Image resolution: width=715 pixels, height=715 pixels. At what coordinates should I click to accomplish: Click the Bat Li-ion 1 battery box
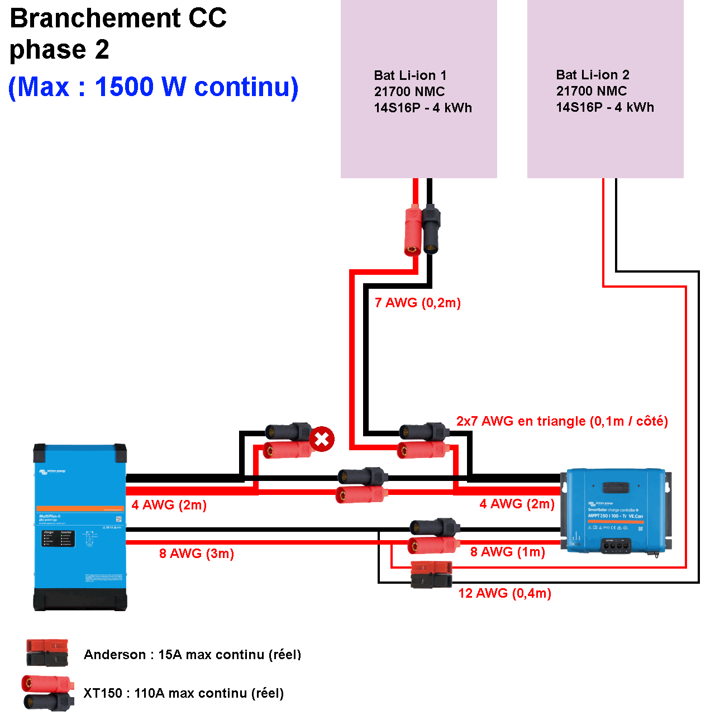click(418, 89)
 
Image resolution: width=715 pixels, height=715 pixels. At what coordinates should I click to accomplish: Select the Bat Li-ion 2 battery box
click(605, 89)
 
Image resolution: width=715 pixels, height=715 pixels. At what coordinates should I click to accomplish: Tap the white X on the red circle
click(322, 439)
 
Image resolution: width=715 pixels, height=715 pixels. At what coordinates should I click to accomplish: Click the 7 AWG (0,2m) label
click(418, 303)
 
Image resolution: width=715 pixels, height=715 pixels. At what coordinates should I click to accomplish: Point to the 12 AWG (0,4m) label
click(504, 593)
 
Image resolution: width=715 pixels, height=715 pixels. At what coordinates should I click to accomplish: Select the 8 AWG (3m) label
click(197, 554)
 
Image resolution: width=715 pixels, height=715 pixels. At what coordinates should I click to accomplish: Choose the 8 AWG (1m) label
click(507, 552)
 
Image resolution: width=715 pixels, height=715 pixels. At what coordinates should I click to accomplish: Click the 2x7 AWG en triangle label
click(562, 421)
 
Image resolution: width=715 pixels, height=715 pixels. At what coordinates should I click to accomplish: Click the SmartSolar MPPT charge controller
click(616, 511)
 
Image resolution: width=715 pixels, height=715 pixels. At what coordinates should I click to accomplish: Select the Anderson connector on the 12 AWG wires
click(431, 575)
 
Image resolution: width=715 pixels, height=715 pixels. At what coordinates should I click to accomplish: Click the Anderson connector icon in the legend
click(47, 653)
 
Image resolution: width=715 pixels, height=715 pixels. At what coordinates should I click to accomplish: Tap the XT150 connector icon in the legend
click(47, 693)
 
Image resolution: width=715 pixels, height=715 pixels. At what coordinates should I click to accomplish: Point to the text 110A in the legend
click(150, 693)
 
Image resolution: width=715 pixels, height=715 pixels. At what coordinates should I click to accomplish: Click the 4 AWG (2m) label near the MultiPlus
click(169, 505)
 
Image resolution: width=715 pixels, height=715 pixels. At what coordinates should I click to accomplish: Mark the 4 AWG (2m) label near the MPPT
click(517, 504)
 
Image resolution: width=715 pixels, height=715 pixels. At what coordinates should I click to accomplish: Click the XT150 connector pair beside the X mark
click(288, 441)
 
